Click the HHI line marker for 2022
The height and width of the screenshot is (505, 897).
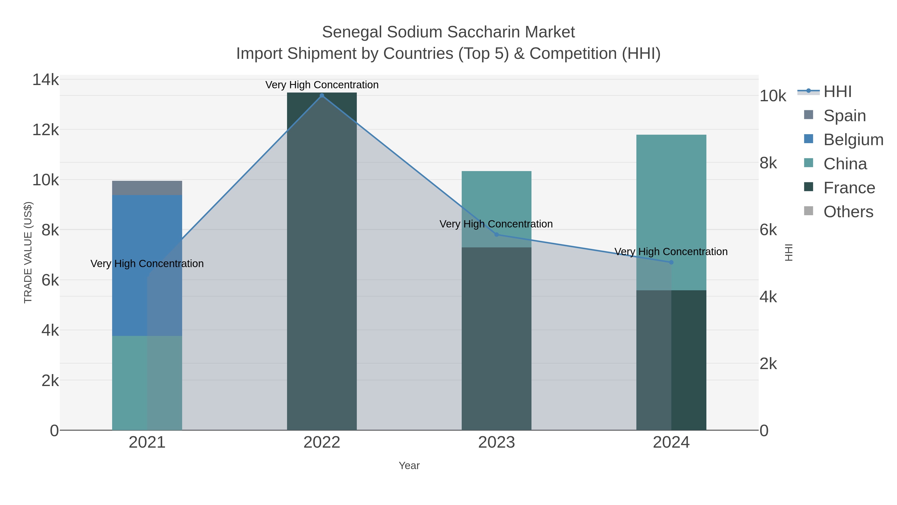coord(322,96)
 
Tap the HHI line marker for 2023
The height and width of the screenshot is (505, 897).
coord(497,235)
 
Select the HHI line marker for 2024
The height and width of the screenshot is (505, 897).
coord(671,262)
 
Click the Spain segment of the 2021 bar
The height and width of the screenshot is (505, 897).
coord(147,188)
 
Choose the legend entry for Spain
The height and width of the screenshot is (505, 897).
coord(844,115)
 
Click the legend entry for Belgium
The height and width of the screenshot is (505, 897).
coord(853,139)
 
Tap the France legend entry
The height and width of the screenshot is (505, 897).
coord(849,188)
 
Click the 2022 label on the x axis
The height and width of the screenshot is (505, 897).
coord(322,442)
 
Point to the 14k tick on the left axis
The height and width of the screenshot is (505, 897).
coord(46,80)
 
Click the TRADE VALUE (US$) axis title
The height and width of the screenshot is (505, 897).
coord(28,252)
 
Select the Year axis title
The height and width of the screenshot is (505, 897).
coord(409,466)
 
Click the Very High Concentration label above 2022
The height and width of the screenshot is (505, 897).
coord(322,85)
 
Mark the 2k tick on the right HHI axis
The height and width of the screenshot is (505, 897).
coord(768,364)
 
